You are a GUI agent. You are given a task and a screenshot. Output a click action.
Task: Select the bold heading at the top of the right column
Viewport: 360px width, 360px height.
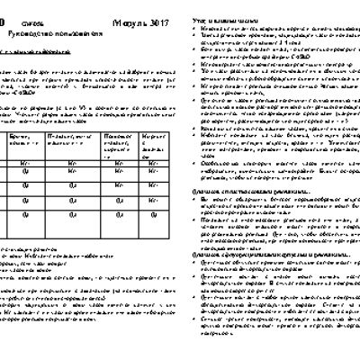point(226,19)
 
